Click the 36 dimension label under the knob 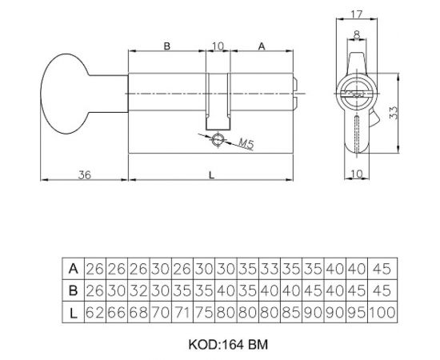point(85,175)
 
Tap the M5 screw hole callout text point(246,143)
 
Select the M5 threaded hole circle point(218,140)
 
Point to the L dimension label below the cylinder point(211,175)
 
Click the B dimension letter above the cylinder point(167,46)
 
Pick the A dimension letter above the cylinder point(262,46)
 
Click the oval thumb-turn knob point(65,94)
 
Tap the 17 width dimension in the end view point(357,14)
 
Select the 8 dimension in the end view point(357,34)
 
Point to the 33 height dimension point(394,113)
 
